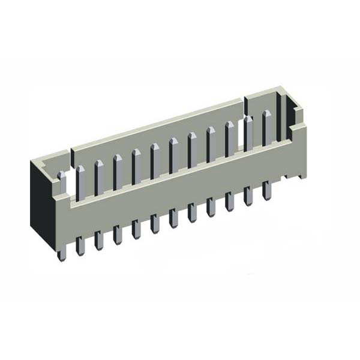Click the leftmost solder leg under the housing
(x=61, y=249)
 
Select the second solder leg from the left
(x=80, y=244)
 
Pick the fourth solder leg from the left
(x=118, y=233)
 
